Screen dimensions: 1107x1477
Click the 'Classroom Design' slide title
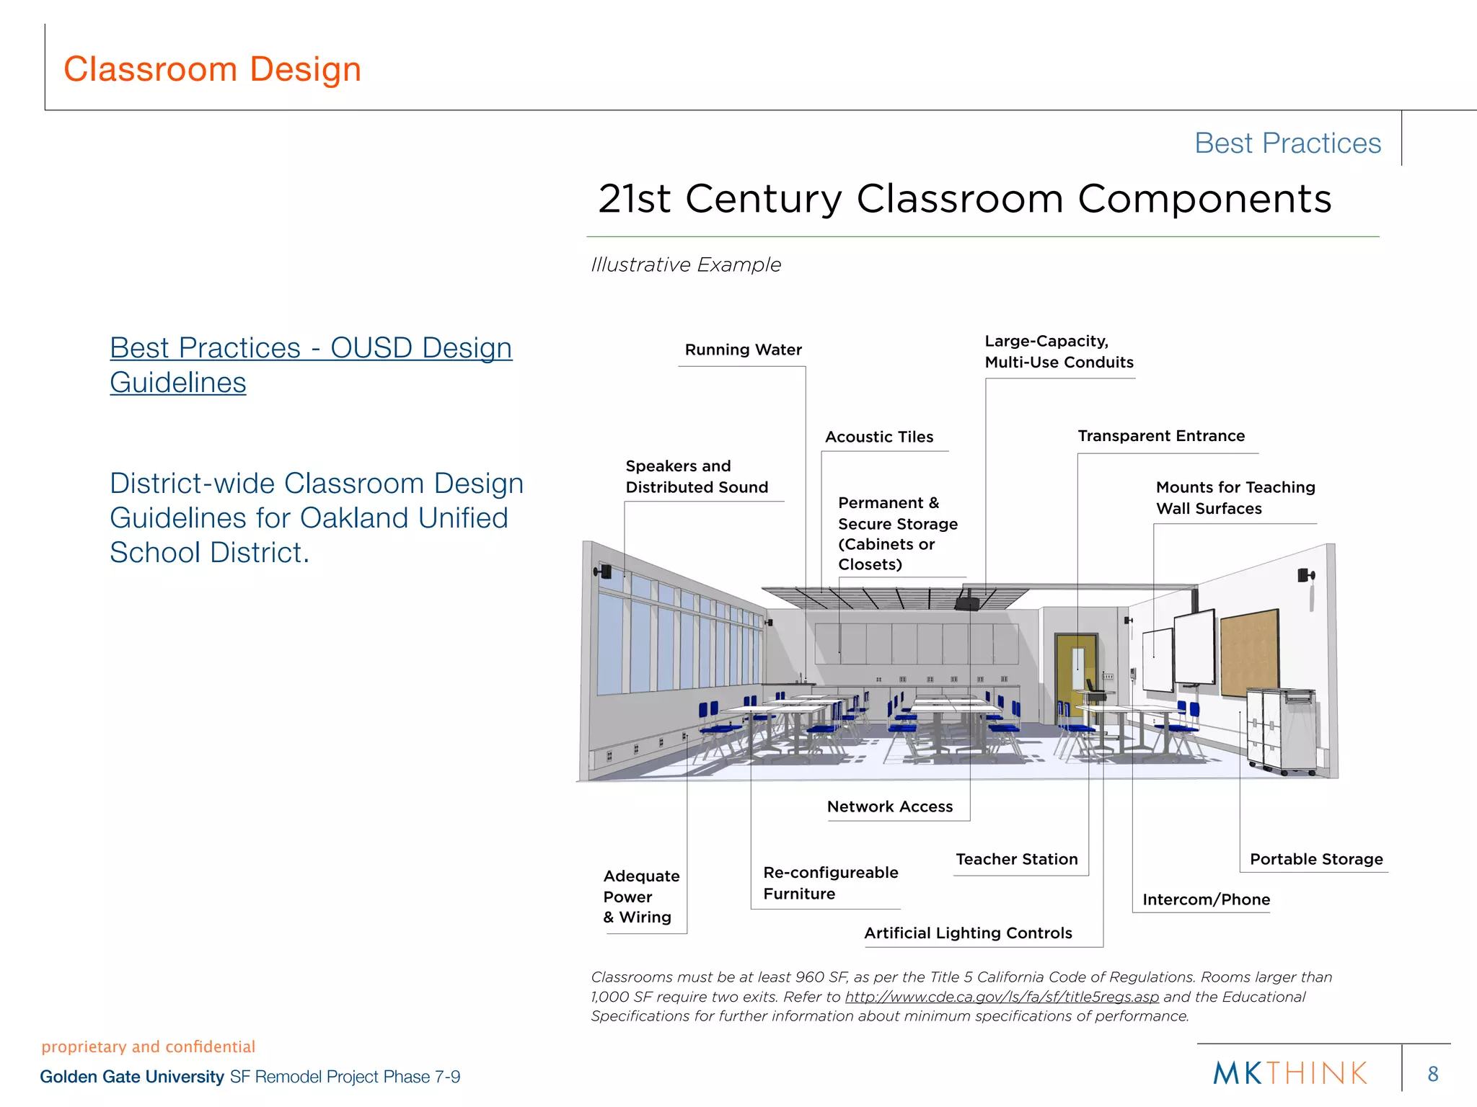(212, 69)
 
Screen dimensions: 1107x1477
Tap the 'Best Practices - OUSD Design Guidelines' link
(310, 365)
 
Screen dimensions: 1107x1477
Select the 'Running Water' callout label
(743, 350)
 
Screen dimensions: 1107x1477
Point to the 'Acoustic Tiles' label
(879, 437)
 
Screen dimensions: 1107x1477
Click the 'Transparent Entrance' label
(1161, 436)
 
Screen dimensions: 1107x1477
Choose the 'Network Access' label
(890, 807)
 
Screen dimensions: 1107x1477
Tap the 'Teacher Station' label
(1017, 860)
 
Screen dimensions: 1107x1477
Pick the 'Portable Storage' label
(1316, 860)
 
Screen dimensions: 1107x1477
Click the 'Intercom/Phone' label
(1206, 900)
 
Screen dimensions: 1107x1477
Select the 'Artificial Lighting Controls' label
(968, 934)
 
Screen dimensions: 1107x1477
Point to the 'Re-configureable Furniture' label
(830, 884)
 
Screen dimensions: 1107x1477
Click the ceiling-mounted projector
(967, 603)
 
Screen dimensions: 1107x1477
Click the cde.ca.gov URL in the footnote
(1002, 997)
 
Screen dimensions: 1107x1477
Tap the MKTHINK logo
(1290, 1074)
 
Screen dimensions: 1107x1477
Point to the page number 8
(1432, 1075)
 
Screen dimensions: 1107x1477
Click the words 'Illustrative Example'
(686, 265)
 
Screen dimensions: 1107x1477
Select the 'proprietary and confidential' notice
(149, 1047)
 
